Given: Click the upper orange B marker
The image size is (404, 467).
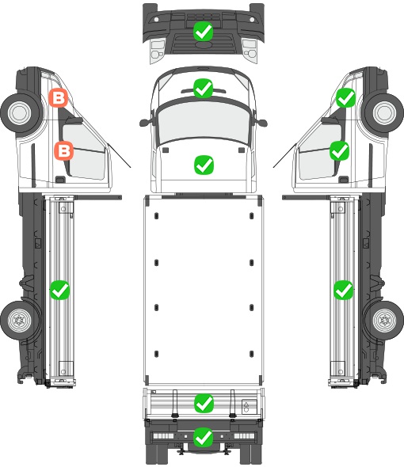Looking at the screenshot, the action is (59, 97).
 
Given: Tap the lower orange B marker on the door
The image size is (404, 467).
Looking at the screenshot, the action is (64, 150).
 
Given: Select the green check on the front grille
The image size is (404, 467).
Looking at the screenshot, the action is (203, 32).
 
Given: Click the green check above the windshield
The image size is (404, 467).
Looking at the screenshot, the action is (203, 88).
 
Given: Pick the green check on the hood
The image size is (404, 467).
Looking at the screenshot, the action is (204, 165).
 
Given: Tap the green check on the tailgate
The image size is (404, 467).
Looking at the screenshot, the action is (204, 403).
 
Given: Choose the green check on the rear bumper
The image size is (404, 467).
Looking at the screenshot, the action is (204, 437).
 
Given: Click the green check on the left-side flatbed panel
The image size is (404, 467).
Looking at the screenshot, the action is (59, 290).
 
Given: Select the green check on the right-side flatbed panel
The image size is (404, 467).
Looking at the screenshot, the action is (344, 290).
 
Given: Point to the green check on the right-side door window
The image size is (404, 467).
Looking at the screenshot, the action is (339, 150).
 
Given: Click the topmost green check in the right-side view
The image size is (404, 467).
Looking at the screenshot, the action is (346, 97).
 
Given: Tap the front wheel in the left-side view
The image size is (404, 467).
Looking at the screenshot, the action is (21, 113).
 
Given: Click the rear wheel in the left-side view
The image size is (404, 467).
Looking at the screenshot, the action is (21, 321).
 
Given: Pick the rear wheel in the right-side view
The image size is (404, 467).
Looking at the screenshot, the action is (384, 321).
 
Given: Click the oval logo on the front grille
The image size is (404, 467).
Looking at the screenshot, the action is (204, 44).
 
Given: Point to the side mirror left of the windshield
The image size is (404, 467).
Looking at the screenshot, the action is (146, 122).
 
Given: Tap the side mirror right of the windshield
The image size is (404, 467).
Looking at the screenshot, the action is (261, 122).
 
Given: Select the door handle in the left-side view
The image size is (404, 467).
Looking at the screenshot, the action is (60, 180).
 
